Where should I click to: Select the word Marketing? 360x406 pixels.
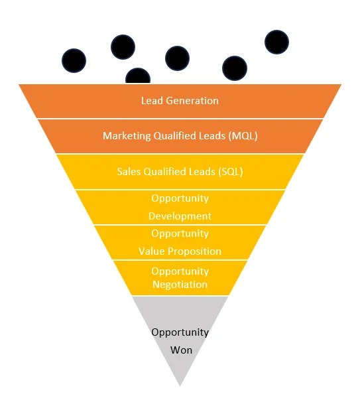point(127,136)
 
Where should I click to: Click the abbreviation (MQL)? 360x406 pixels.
point(243,136)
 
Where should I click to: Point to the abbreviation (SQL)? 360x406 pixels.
point(231,172)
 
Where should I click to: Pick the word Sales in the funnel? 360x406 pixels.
point(129,172)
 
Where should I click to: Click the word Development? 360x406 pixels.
point(180,216)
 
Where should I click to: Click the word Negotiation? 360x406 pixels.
point(180,285)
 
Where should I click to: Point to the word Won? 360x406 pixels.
point(181,350)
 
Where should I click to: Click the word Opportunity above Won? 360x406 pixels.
point(180,333)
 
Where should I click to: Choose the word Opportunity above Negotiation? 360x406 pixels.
point(180,271)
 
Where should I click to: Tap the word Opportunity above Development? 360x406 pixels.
point(180,198)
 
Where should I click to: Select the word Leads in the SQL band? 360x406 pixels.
point(202,172)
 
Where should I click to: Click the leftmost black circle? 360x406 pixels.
point(74,60)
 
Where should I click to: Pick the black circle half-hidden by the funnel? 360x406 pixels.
point(138,76)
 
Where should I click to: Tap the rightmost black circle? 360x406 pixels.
point(276,42)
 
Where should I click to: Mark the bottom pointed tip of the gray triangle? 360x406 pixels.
point(180,386)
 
